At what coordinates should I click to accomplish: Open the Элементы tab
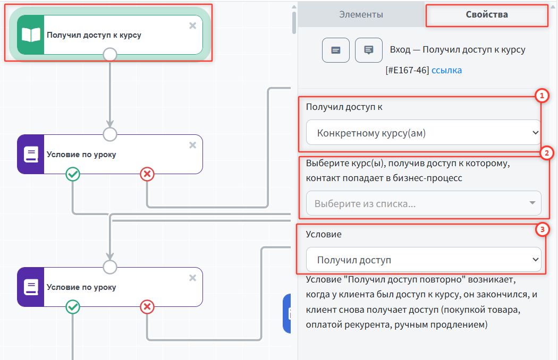tap(361, 14)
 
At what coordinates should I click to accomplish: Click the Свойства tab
tap(486, 14)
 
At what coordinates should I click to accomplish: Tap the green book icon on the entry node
tap(30, 35)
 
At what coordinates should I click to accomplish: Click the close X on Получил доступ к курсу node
tap(192, 25)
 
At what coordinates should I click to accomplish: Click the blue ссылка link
tap(446, 70)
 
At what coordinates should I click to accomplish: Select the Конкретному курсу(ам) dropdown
tap(423, 133)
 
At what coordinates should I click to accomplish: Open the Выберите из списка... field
tap(423, 203)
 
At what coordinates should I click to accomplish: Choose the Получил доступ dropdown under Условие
tap(423, 260)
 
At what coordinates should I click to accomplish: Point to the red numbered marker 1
tap(540, 96)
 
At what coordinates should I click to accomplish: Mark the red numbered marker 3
tap(541, 230)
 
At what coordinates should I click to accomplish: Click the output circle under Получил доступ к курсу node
tap(109, 54)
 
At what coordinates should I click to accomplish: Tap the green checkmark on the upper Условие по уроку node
tap(73, 174)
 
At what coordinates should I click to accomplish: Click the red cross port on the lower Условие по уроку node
tap(147, 306)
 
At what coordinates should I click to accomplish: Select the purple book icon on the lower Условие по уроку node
tap(30, 287)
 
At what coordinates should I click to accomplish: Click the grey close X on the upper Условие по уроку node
tap(192, 145)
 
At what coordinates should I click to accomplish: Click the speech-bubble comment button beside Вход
tap(368, 50)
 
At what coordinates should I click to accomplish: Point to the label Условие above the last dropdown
tap(324, 234)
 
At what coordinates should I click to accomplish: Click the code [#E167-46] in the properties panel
tap(407, 70)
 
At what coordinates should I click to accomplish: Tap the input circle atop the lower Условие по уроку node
tap(109, 267)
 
